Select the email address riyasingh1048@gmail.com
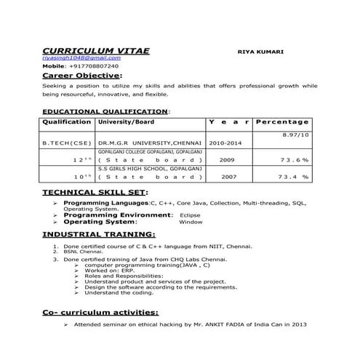tap(81, 57)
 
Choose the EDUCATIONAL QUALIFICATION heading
tap(105, 112)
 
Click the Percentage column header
tap(284, 122)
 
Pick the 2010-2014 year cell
tap(226, 143)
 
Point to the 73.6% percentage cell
tap(295, 159)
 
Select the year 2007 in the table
tap(228, 176)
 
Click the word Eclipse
tap(190, 215)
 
